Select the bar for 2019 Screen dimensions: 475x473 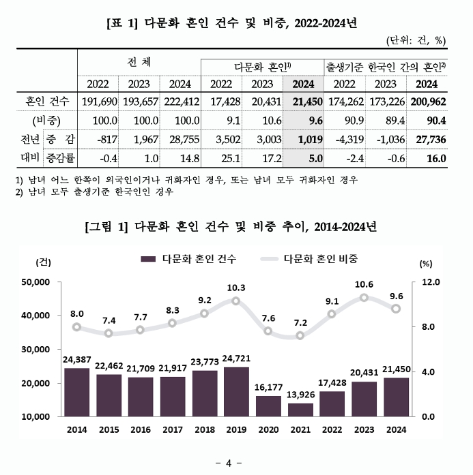coord(236,391)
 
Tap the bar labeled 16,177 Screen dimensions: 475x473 coord(268,405)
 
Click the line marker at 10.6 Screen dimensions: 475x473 coord(364,298)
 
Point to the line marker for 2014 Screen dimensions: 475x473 coord(76,327)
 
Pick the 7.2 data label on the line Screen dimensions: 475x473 coord(300,322)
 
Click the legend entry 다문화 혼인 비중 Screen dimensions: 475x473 coord(320,259)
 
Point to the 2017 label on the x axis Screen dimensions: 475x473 coord(172,429)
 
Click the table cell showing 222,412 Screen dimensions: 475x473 coord(180,102)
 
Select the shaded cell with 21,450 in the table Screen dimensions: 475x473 coord(302,102)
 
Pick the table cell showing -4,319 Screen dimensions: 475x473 coord(344,140)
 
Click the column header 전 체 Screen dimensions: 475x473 coord(139,61)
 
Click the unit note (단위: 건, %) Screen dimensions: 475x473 coord(415,40)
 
